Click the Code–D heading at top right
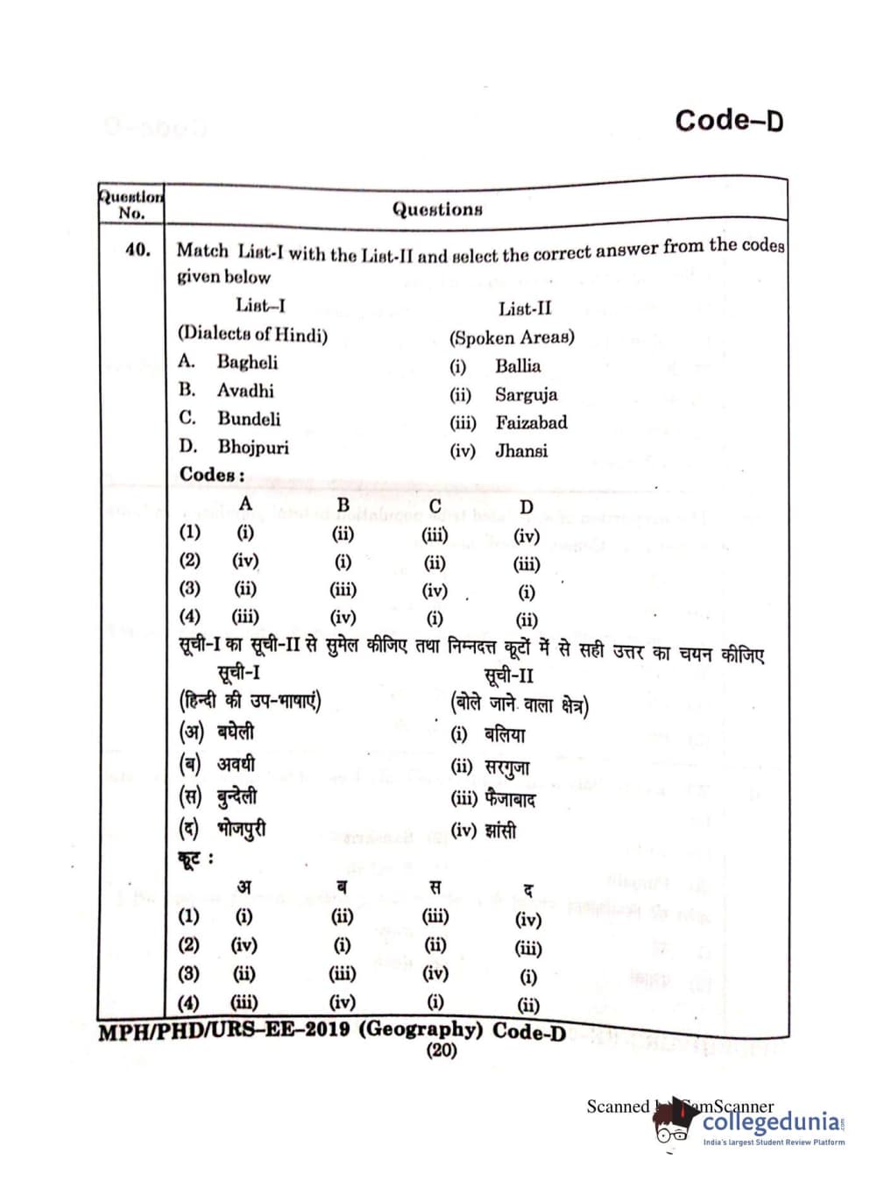coord(729,120)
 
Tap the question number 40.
coord(138,250)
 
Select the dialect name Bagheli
coord(247,362)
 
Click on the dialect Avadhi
coord(245,391)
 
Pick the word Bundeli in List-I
coord(249,419)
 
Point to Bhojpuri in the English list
coord(253,447)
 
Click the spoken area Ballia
coord(518,366)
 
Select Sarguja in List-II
coord(526,394)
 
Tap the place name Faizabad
coord(531,422)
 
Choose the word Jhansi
coord(521,451)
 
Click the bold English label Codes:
coord(212,475)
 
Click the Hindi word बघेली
coord(236,732)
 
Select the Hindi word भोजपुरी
coord(242,828)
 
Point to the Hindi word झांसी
coord(500,830)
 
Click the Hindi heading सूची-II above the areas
coord(508,675)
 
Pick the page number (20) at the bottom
coord(441,1050)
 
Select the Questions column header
coord(437,209)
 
